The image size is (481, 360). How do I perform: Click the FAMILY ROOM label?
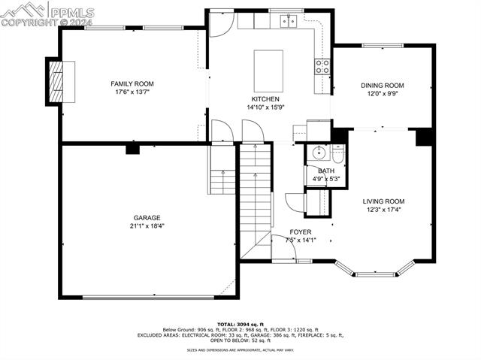point(129,83)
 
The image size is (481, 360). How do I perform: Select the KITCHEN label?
point(265,99)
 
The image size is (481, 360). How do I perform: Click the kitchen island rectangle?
point(268,71)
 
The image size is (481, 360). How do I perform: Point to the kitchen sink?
point(289,22)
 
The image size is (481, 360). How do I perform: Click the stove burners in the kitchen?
point(322,66)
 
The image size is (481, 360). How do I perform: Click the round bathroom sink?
point(318,154)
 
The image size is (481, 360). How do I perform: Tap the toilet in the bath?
point(338,154)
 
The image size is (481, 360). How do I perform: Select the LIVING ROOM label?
point(383,201)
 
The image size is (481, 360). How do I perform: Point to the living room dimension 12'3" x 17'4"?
point(383,210)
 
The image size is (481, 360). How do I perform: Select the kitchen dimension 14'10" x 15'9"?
point(265,107)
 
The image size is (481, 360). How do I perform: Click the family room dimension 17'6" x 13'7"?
point(129,92)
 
